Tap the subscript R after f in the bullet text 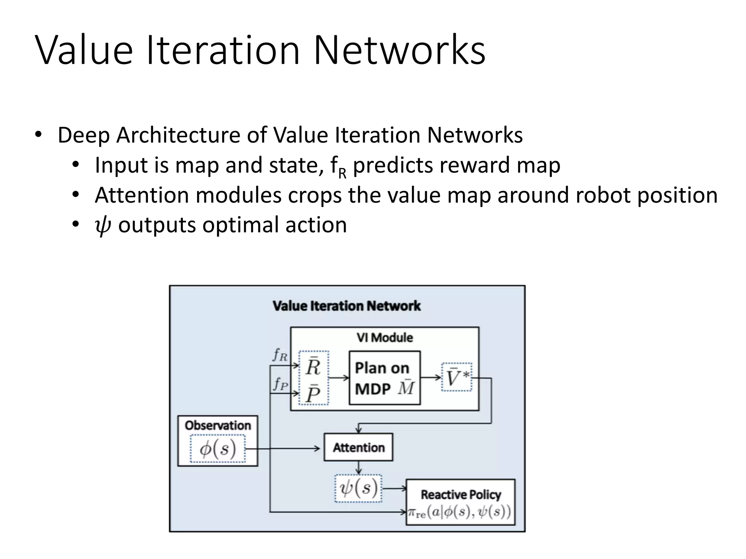(x=342, y=174)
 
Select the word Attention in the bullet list (x=142, y=195)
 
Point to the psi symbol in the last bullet (x=102, y=226)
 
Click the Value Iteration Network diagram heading (x=346, y=306)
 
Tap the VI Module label (x=385, y=337)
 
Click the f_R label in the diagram (x=280, y=354)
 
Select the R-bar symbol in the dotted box (x=313, y=366)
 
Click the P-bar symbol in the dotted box (x=313, y=393)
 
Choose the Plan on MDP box (x=384, y=378)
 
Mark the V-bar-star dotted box (x=456, y=377)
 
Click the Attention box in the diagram (x=358, y=447)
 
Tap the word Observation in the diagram (x=218, y=425)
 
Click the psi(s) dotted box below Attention (x=358, y=488)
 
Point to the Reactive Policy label (x=461, y=495)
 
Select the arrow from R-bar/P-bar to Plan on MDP (x=339, y=378)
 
